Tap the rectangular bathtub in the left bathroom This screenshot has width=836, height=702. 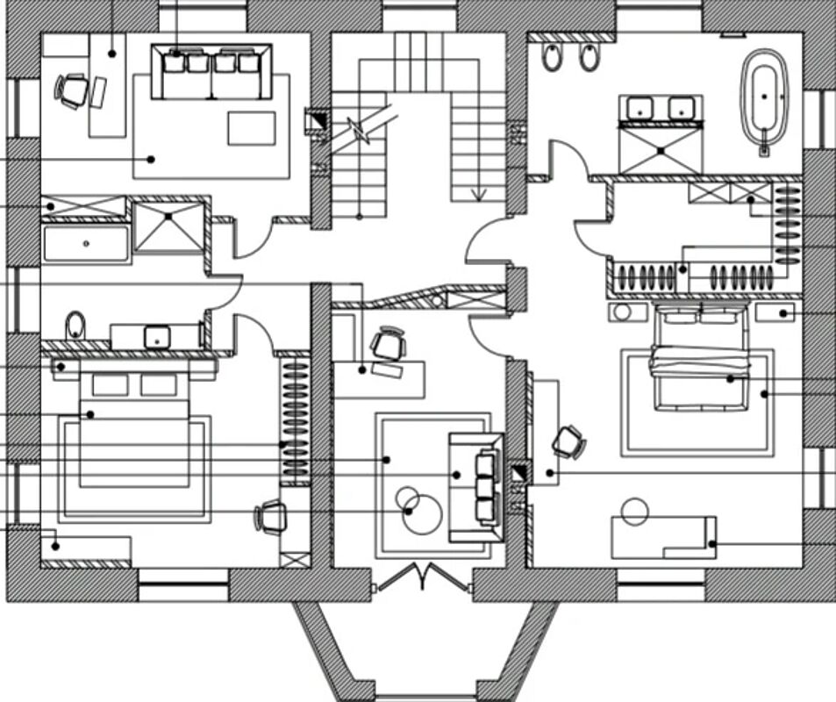86,243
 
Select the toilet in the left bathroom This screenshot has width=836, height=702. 75,326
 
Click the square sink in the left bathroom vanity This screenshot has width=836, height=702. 159,335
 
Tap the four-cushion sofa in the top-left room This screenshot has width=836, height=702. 211,70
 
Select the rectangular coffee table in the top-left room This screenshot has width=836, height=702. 251,127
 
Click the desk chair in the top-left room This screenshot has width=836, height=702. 72,89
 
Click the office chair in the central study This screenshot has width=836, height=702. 388,344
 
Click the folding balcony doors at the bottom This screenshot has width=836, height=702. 422,576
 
